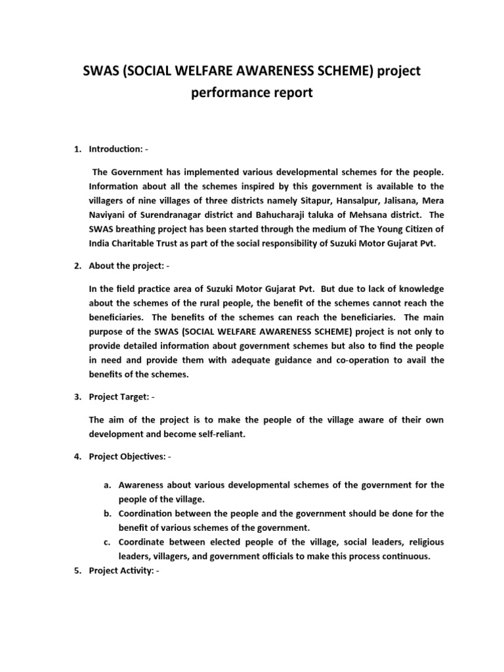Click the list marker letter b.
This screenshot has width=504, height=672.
tap(106, 513)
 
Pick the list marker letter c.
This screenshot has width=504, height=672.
tap(106, 542)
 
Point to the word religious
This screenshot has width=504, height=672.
tap(419, 542)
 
